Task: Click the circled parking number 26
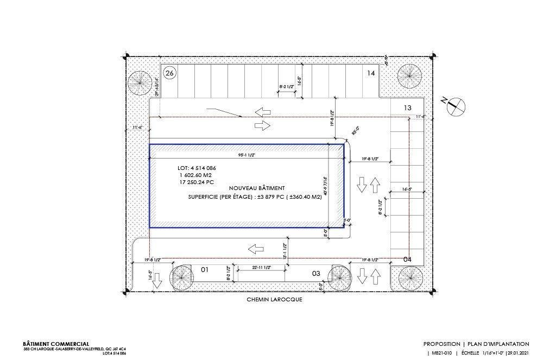[169, 73]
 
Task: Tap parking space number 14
[371, 73]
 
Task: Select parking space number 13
[407, 108]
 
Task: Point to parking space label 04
[407, 260]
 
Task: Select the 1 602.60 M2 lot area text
[198, 176]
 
